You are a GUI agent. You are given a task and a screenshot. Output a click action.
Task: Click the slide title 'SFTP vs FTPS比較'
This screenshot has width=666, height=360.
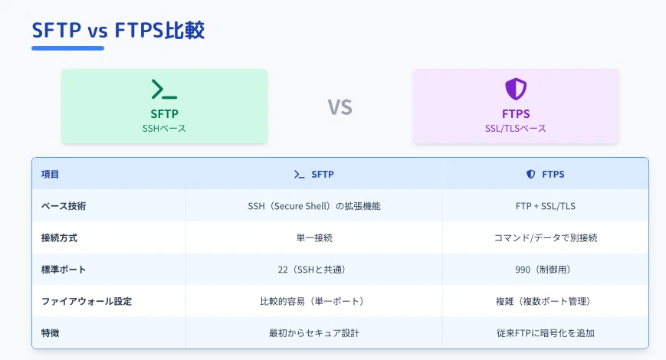pos(118,30)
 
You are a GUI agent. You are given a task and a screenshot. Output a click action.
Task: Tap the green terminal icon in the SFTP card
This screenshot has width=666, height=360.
pos(164,89)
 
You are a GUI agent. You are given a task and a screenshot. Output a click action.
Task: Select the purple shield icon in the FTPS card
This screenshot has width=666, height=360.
pos(516,89)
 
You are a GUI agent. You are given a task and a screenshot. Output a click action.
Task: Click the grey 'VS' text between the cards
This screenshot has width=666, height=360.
pos(340,107)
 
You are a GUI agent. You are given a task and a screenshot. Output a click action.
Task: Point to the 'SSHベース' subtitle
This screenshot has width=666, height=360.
pos(164,128)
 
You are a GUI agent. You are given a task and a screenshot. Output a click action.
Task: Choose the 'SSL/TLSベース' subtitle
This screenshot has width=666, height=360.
pos(516,128)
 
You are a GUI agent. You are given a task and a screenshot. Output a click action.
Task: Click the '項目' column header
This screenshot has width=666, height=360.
pos(50,174)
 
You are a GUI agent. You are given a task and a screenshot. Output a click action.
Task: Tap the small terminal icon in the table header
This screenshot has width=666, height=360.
pos(300,174)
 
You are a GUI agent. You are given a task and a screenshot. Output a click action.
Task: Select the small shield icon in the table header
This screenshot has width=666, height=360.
pos(530,174)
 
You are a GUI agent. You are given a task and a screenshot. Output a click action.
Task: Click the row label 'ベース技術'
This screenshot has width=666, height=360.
pos(64,206)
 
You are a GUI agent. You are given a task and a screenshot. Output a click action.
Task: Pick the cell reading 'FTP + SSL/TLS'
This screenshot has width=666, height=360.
pos(546,206)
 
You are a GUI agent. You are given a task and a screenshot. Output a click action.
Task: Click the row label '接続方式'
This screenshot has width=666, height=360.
pos(59,237)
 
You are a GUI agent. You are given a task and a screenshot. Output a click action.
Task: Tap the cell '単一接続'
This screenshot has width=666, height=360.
pos(314,237)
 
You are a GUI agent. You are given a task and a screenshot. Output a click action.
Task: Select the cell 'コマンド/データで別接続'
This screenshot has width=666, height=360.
pos(546,237)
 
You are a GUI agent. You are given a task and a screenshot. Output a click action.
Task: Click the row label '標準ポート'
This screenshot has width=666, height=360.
pos(64,270)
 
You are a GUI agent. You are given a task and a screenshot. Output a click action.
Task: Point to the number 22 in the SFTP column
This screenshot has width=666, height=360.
pos(283,270)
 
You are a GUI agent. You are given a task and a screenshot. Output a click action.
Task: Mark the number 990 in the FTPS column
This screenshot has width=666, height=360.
pos(523,270)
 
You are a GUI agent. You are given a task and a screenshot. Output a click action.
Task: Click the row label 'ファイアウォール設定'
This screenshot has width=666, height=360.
pos(87,302)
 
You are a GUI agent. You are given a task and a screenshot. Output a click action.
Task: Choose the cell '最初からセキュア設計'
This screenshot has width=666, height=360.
pos(314,333)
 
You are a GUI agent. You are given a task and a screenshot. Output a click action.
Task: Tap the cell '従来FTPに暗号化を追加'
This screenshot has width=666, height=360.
pos(546,333)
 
